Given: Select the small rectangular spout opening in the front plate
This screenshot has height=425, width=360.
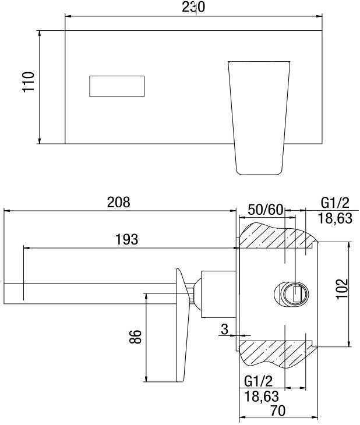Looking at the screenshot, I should (x=117, y=86).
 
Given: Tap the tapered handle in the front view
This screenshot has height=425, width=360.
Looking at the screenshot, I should (x=257, y=116).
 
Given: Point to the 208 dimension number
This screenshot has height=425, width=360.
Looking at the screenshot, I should (x=118, y=203).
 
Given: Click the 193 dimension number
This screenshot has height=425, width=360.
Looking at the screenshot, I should (x=126, y=239).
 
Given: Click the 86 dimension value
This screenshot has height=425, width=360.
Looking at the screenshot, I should (x=135, y=337).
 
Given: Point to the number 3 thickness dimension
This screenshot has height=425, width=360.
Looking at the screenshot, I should (x=224, y=329).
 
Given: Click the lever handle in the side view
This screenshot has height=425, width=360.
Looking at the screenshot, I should (x=185, y=326).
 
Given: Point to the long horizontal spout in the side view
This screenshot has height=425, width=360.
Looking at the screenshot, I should (x=87, y=293).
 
